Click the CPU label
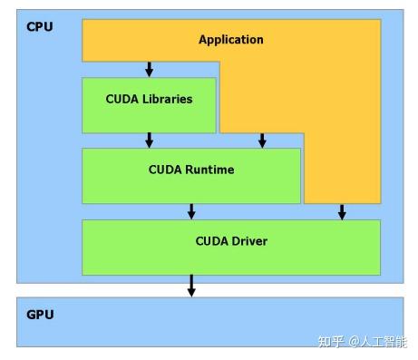click(x=40, y=26)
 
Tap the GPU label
click(x=40, y=315)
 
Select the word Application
click(x=231, y=40)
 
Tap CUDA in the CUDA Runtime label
click(x=165, y=170)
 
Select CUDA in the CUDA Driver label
click(x=211, y=241)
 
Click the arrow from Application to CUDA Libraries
click(x=150, y=69)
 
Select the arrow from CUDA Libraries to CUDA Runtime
click(x=150, y=140)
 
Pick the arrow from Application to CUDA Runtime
click(x=262, y=140)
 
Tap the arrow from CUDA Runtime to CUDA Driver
click(x=191, y=211)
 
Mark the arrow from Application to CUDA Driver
click(x=342, y=211)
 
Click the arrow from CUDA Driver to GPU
click(x=191, y=285)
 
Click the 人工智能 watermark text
click(x=385, y=343)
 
